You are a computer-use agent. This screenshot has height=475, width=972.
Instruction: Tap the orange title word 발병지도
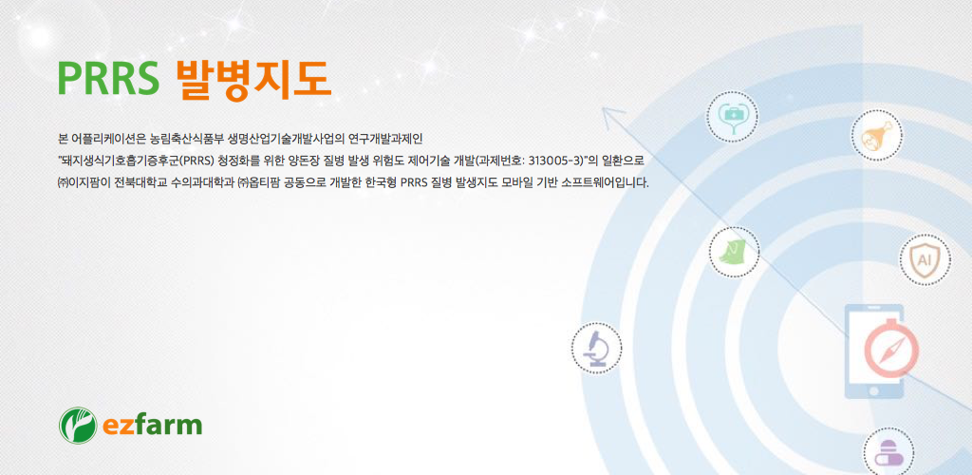(x=252, y=80)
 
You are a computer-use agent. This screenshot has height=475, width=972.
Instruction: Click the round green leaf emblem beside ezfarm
(x=78, y=426)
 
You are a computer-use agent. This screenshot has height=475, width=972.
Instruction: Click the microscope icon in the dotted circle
(x=596, y=348)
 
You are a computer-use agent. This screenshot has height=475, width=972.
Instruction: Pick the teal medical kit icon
(x=733, y=116)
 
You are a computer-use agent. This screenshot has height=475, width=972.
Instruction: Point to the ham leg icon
(x=876, y=135)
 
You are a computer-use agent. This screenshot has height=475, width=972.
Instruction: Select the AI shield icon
(x=925, y=259)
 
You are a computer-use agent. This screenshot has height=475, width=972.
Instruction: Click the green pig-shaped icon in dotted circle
(x=734, y=252)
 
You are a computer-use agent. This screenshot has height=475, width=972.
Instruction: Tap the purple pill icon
(x=888, y=452)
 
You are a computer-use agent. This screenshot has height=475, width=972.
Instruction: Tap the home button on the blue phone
(x=874, y=391)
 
